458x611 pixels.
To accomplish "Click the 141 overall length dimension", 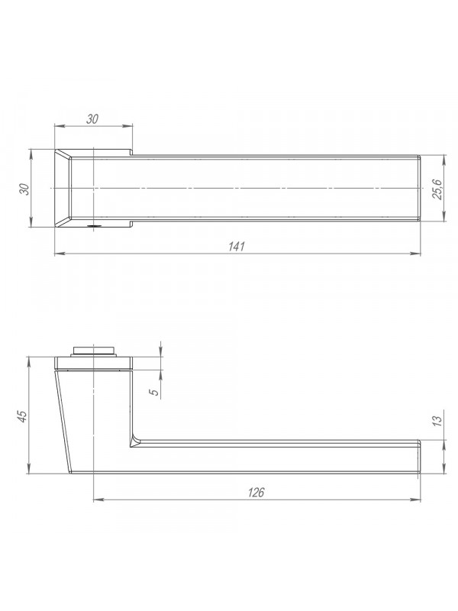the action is (236, 247).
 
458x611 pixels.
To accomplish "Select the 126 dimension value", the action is (256, 493).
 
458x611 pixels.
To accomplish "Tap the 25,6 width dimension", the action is (437, 189).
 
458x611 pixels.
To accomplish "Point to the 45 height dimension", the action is (23, 416).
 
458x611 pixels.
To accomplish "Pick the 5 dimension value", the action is (155, 392).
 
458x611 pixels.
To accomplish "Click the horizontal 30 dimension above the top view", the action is (92, 119).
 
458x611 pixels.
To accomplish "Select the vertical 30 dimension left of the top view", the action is (24, 189).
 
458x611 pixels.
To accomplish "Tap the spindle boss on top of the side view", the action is (93, 351).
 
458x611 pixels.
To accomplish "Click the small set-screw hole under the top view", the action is (93, 225).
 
